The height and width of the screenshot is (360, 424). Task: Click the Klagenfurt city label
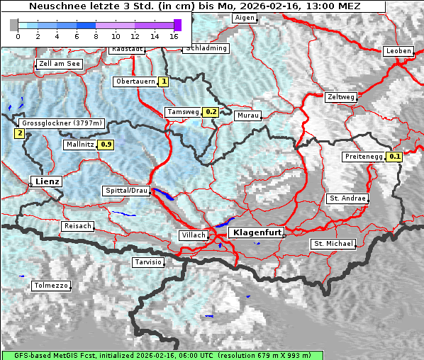[x=258, y=232]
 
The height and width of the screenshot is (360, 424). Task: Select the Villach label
[x=193, y=235]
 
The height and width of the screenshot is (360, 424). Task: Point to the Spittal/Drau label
[x=126, y=191]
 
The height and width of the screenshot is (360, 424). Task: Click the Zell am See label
[x=60, y=64]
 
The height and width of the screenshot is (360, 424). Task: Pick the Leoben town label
[x=398, y=51]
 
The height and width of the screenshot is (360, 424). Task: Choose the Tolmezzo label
[x=51, y=286]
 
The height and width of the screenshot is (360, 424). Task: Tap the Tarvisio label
[x=148, y=262]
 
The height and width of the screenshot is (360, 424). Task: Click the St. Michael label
[x=333, y=244]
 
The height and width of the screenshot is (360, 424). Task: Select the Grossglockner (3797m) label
[x=62, y=123]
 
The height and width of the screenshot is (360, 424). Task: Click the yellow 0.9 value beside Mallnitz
[x=106, y=145]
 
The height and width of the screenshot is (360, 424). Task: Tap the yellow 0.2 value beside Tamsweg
[x=211, y=112]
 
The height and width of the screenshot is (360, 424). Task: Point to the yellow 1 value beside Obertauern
[x=164, y=81]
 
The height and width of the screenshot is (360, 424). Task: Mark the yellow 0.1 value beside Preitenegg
[x=395, y=157]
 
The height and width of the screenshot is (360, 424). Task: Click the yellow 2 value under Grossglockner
[x=19, y=133]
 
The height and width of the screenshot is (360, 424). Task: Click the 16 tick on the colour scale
[x=174, y=35]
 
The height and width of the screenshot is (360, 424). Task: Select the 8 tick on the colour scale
[x=96, y=35]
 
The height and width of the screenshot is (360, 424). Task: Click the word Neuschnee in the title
[x=52, y=6]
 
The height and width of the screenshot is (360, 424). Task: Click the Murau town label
[x=248, y=115]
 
